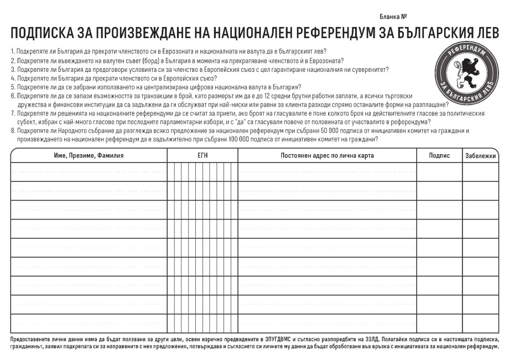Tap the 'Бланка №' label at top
point(393,17)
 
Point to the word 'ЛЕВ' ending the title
point(487,33)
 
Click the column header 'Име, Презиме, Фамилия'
point(89,156)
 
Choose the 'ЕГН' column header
point(202,156)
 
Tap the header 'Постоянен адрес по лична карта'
point(328,156)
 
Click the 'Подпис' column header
point(439,156)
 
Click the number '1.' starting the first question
point(13,51)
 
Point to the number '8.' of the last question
point(13,131)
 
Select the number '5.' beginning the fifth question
point(13,87)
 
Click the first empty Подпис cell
point(439,172)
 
